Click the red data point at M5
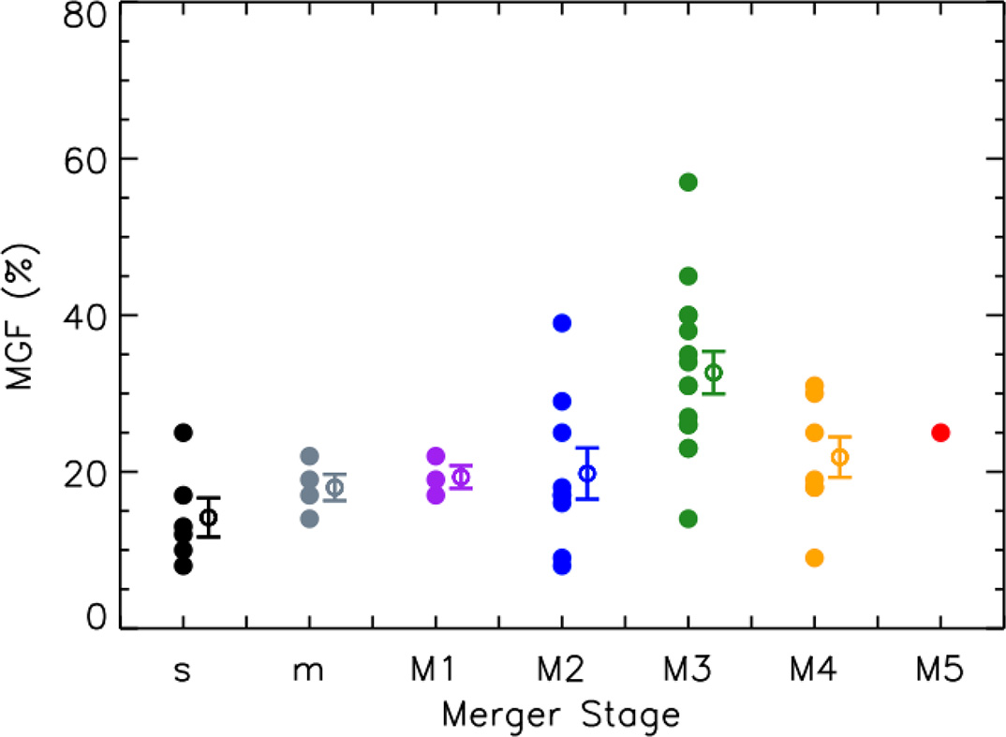pos(940,433)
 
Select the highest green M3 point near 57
pos(688,182)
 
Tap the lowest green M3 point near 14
pos(688,519)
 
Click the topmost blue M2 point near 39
pos(562,323)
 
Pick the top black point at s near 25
pos(184,433)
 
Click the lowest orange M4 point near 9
pos(814,558)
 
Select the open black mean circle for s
pos(209,518)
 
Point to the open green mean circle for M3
pos(714,373)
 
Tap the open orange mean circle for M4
pos(840,457)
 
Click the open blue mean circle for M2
pos(587,473)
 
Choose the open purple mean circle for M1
pos(461,477)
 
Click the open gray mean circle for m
pos(335,487)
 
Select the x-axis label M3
pos(688,671)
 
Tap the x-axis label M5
pos(939,671)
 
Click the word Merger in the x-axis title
pos(496,715)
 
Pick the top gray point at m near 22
pos(310,456)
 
